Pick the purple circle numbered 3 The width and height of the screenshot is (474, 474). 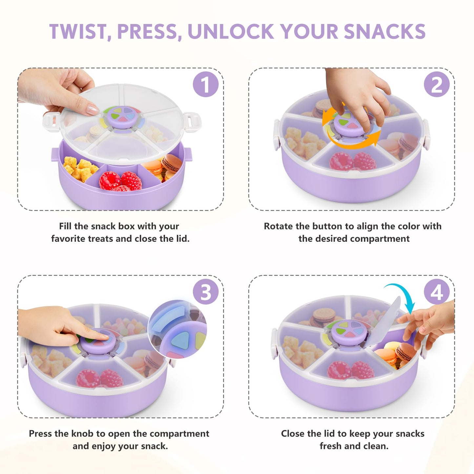(206, 292)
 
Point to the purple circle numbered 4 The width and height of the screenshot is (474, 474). (437, 292)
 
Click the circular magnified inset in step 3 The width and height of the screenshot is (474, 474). (177, 329)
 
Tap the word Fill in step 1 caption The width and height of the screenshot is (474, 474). (65, 226)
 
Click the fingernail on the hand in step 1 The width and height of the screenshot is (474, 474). (92, 109)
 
